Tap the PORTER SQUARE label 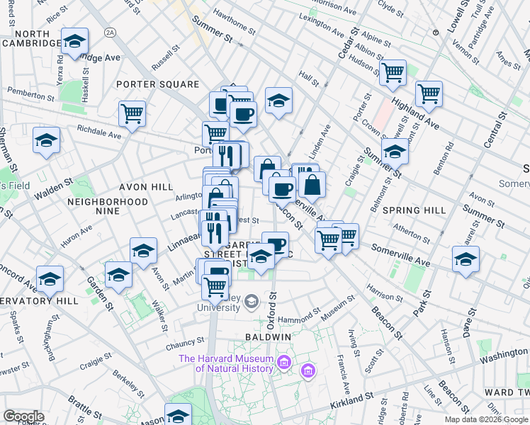point(158,84)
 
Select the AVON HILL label point(146,188)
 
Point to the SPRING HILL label point(414,210)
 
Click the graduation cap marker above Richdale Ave point(47,139)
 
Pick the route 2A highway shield point(109,32)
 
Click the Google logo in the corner point(23,416)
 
